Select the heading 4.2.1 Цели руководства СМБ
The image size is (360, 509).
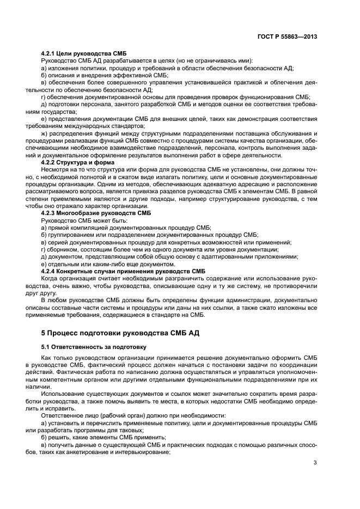coord(83,53)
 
